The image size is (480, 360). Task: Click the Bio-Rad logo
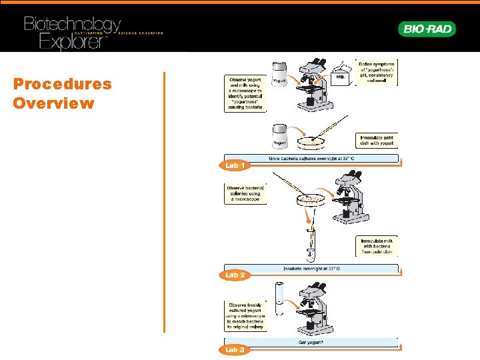[427, 29]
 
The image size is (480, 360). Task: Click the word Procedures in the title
[63, 85]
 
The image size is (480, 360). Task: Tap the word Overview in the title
[53, 103]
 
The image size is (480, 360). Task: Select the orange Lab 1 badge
[235, 165]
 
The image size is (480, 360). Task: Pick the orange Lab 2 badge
[235, 275]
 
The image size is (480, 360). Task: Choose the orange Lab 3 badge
[235, 349]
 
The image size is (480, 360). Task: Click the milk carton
[341, 77]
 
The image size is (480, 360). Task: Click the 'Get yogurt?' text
[311, 342]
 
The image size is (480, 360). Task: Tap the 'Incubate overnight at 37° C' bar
[311, 268]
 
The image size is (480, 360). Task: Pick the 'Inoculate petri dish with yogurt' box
[377, 141]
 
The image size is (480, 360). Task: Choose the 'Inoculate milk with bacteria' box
[377, 246]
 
